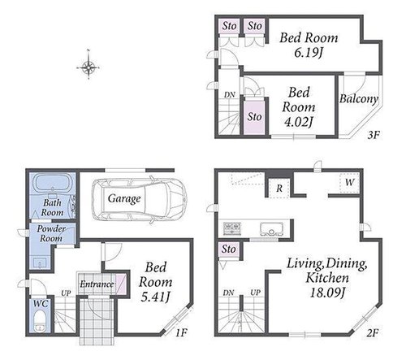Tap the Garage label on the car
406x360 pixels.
124,198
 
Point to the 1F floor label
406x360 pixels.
181,332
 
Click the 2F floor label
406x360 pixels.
373,332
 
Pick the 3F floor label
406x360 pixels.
374,134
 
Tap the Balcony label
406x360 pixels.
359,99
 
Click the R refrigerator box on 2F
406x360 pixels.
279,188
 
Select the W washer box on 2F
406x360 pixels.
349,182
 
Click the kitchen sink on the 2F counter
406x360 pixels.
271,228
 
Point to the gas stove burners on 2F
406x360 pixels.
232,228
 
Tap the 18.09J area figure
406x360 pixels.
328,293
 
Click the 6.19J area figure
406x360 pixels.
309,53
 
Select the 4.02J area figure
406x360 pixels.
299,122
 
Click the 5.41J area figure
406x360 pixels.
156,297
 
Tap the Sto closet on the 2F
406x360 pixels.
228,249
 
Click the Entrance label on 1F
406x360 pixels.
97,284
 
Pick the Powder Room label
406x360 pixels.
51,233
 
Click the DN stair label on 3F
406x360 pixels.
230,95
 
